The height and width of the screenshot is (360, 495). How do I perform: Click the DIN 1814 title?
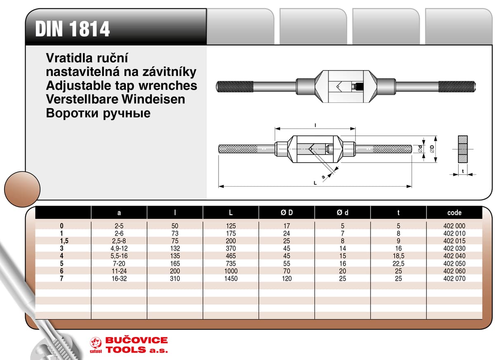[x=73, y=29]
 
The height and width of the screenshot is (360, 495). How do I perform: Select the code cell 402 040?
[x=454, y=256]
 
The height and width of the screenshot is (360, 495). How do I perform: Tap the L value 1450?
[x=231, y=279]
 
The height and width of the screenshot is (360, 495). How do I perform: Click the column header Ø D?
[x=287, y=213]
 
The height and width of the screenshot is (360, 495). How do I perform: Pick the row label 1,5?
[x=62, y=241]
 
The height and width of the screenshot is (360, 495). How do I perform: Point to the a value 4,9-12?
[x=119, y=249]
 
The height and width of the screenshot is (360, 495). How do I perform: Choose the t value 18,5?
[x=398, y=256]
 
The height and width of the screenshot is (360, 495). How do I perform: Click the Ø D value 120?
[x=287, y=279]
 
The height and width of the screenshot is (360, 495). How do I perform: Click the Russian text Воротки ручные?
[x=98, y=114]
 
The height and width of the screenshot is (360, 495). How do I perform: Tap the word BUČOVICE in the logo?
[x=137, y=341]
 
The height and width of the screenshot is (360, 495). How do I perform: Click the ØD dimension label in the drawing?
[x=431, y=149]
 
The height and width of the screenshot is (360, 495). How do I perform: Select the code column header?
[x=454, y=213]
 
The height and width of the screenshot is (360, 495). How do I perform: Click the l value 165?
[x=175, y=264]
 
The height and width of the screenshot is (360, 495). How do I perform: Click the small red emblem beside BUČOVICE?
[x=96, y=342]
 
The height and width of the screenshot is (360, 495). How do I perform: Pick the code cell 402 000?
[x=454, y=226]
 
